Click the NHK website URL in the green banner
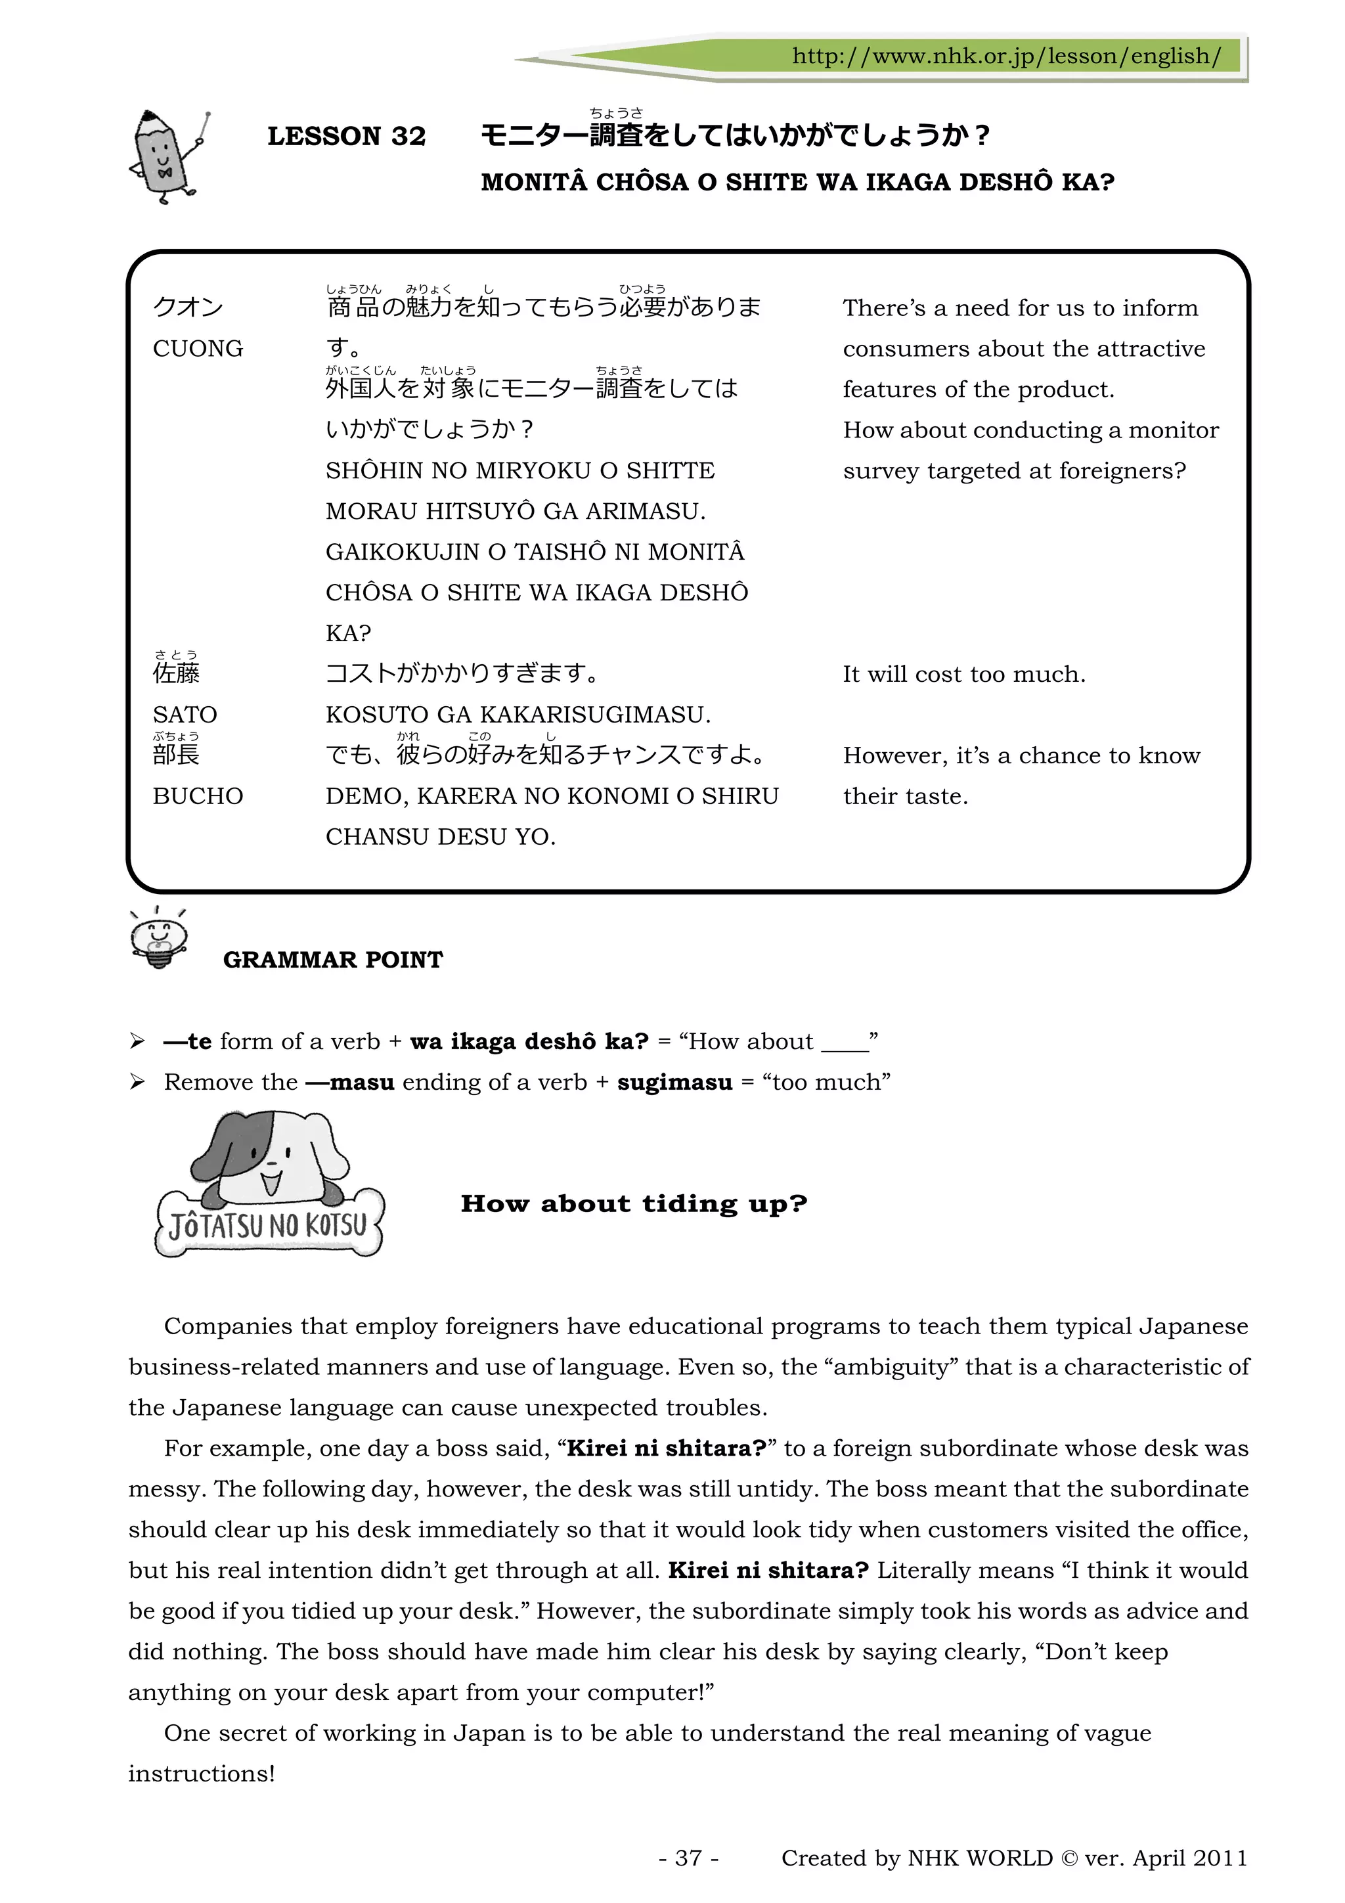[x=1005, y=56]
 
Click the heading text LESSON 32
[x=346, y=136]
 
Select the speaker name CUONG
[x=198, y=349]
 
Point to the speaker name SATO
[x=185, y=715]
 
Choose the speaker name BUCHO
[x=198, y=795]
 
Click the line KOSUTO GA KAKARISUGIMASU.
[x=518, y=715]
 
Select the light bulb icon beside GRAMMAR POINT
[x=159, y=937]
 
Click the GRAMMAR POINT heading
[x=333, y=960]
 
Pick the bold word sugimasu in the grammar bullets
[x=674, y=1083]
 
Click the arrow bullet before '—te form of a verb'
[x=137, y=1041]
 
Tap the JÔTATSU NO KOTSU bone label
[x=269, y=1226]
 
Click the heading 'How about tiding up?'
[x=634, y=1203]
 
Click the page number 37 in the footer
[x=689, y=1858]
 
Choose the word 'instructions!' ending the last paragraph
[x=202, y=1774]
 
